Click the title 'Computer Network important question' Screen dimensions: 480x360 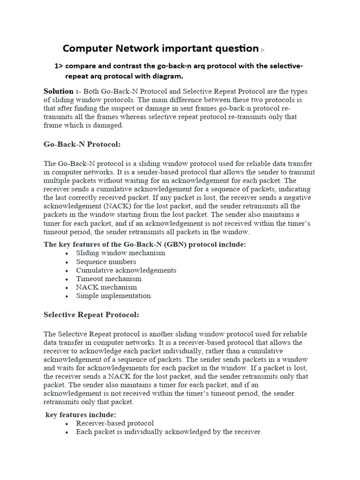click(160, 48)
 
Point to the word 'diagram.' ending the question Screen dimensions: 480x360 click(168, 76)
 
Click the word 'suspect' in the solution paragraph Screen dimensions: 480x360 click(124, 108)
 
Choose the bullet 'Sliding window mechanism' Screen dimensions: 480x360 click(120, 253)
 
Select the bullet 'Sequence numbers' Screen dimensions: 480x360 click(106, 262)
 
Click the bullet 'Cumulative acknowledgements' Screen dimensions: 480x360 click(126, 270)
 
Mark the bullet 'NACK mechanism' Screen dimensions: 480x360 click(106, 287)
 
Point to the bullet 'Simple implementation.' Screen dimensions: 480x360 click(114, 296)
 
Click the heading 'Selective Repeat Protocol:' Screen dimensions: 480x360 click(91, 315)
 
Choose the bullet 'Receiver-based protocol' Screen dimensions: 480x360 click(115, 423)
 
